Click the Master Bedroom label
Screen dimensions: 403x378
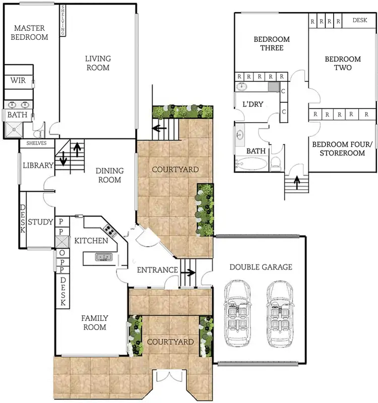click(31, 32)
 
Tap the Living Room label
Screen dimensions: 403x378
click(97, 63)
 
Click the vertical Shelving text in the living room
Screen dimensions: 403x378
click(63, 20)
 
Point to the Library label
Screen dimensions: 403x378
click(38, 165)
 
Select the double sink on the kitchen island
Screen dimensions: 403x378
click(104, 257)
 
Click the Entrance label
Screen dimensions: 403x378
click(158, 270)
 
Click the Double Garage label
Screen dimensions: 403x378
click(261, 267)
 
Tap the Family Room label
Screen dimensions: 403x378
click(95, 323)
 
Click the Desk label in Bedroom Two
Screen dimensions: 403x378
click(360, 21)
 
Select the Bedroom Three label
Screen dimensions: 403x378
click(272, 43)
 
